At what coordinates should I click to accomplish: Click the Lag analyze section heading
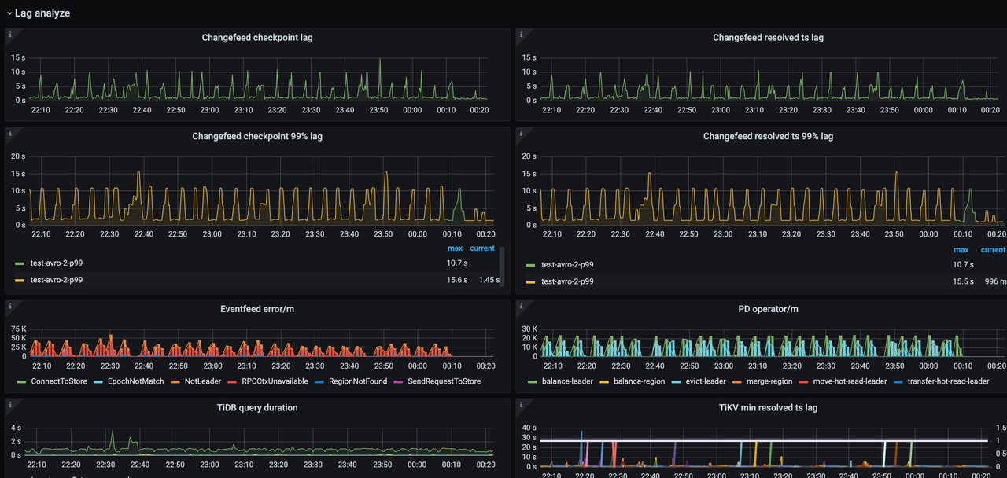42,13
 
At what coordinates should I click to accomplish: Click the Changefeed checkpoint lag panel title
257,38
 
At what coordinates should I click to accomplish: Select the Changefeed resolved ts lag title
768,38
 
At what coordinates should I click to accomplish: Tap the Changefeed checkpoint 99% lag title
257,136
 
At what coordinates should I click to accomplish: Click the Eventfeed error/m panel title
257,309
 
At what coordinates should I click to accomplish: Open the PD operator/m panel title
768,309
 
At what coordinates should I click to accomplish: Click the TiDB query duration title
257,407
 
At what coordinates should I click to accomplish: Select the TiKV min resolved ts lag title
768,407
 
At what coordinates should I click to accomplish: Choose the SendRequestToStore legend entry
444,381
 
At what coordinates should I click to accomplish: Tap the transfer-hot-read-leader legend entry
948,381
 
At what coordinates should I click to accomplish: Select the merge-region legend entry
768,381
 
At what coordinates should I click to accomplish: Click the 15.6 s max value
457,280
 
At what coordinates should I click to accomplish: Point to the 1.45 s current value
489,280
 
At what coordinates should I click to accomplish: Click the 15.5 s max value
963,281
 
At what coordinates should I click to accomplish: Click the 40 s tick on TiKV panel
529,428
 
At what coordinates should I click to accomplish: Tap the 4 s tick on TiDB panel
17,428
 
